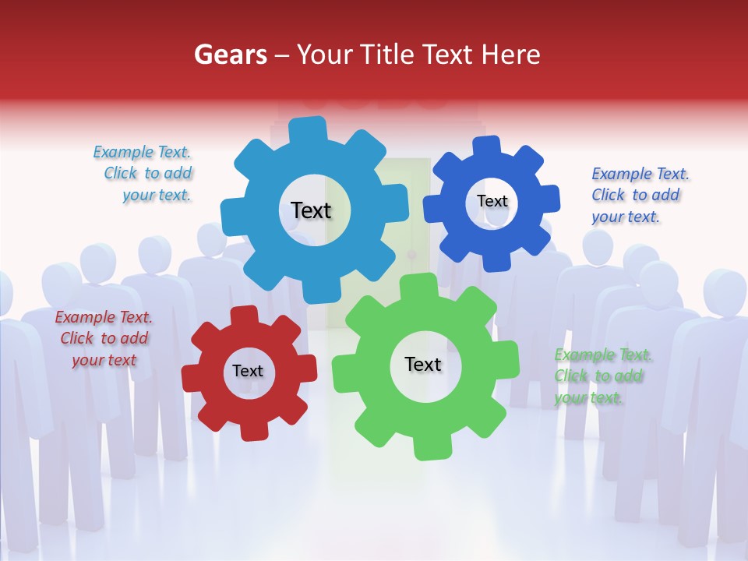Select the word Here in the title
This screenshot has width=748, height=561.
click(x=511, y=55)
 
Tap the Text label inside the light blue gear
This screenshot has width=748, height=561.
click(x=311, y=210)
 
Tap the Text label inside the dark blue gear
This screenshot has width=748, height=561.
click(x=492, y=201)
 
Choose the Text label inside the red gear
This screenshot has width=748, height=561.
click(x=248, y=371)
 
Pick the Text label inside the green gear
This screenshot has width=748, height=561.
click(x=423, y=364)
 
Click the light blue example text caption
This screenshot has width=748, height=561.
click(x=143, y=174)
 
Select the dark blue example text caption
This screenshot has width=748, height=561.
click(x=639, y=195)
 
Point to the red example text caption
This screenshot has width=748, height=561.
click(x=103, y=338)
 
